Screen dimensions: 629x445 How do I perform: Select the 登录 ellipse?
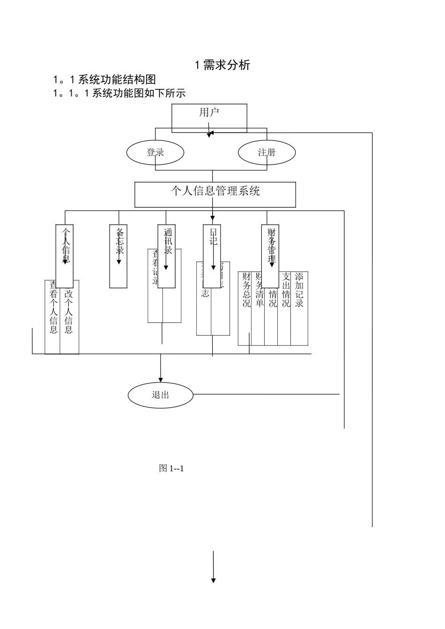pyautogui.click(x=156, y=152)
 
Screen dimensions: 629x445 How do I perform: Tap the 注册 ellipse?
pyautogui.click(x=267, y=152)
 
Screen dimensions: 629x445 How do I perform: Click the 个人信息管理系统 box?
pyautogui.click(x=215, y=194)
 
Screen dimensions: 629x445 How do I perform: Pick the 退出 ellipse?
pyautogui.click(x=161, y=395)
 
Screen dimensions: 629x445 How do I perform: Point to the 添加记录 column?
pyautogui.click(x=299, y=309)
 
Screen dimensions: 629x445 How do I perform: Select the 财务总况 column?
pyautogui.click(x=245, y=309)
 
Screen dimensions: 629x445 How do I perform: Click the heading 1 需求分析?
pyautogui.click(x=222, y=65)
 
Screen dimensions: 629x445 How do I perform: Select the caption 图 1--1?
pyautogui.click(x=171, y=468)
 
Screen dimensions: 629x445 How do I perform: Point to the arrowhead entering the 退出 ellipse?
pyautogui.click(x=161, y=380)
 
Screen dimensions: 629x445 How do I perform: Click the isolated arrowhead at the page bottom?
pyautogui.click(x=214, y=580)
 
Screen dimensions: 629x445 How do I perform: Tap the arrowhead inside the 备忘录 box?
pyautogui.click(x=119, y=262)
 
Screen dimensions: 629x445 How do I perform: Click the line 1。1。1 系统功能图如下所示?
pyautogui.click(x=119, y=93)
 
